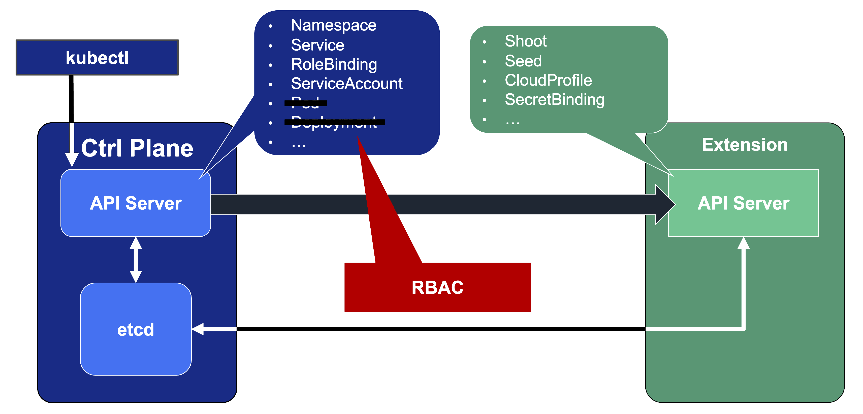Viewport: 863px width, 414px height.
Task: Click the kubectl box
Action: point(97,58)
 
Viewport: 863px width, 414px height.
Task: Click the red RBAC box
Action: point(437,287)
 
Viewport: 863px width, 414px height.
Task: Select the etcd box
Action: point(136,329)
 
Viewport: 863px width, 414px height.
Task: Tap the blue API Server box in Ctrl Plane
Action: point(136,203)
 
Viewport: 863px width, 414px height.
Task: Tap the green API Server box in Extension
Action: point(743,203)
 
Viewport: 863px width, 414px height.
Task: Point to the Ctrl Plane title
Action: point(137,148)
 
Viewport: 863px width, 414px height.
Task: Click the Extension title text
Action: point(744,145)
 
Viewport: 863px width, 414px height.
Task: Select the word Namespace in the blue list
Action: point(334,25)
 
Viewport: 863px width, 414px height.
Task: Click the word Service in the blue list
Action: point(317,45)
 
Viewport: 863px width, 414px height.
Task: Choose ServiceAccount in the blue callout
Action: point(347,84)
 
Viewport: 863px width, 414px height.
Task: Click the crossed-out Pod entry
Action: point(305,103)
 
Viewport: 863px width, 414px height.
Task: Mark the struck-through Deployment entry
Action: point(334,122)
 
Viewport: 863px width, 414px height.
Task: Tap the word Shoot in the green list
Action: point(526,41)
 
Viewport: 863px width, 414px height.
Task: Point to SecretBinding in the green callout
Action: point(554,100)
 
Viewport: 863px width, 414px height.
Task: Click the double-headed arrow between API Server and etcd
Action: point(136,260)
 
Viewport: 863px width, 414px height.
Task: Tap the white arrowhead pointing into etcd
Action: point(198,329)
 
